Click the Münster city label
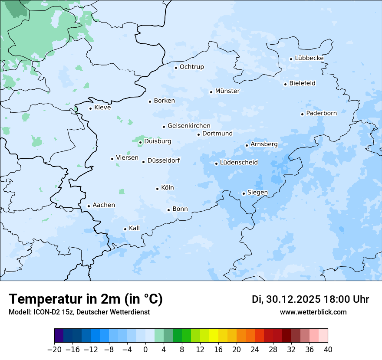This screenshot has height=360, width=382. [x=227, y=91]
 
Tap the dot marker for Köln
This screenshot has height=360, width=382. [x=157, y=189]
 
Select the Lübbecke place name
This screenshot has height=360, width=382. [x=309, y=58]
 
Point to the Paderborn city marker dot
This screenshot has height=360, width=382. [x=302, y=114]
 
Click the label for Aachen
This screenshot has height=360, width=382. [x=104, y=205]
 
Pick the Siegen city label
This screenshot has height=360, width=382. [x=257, y=193]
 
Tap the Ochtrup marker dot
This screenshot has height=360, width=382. [x=176, y=68]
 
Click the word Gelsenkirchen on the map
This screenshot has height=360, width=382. [x=189, y=126]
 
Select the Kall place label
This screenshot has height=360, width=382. [x=135, y=228]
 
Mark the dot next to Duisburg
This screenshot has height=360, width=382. [x=140, y=142]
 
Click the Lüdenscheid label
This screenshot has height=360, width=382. [x=239, y=163]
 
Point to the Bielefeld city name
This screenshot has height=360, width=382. [x=302, y=83]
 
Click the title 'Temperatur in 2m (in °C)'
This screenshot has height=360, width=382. [x=86, y=299]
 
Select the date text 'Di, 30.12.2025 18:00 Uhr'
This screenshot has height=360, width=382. [x=310, y=299]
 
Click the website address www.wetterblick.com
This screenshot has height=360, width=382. [x=313, y=312]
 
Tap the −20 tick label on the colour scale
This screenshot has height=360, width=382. [x=55, y=350]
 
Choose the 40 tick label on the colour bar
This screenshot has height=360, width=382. [x=328, y=350]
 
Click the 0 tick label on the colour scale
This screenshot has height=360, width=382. [x=145, y=350]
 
